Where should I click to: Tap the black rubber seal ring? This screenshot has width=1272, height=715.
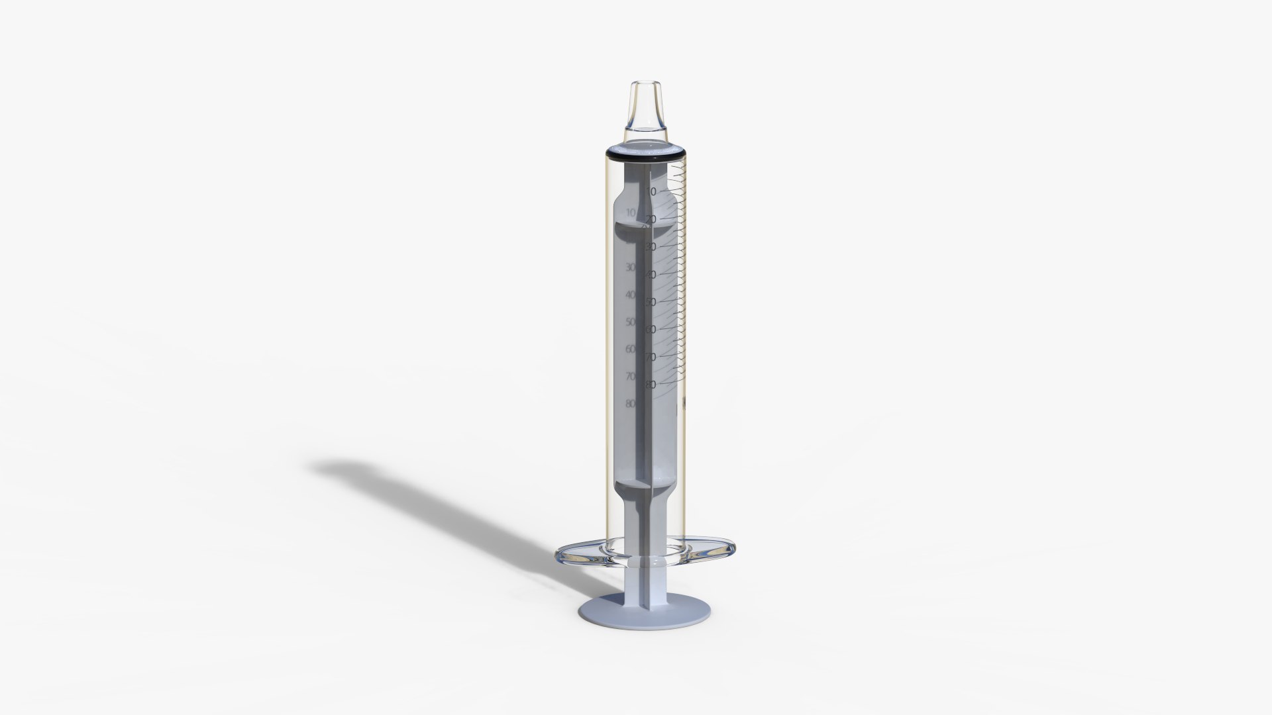(x=645, y=156)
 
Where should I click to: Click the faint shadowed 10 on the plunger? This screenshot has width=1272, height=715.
(x=630, y=212)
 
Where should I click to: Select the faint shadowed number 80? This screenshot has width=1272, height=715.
(x=630, y=403)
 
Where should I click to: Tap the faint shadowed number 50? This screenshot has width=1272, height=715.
(x=630, y=322)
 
